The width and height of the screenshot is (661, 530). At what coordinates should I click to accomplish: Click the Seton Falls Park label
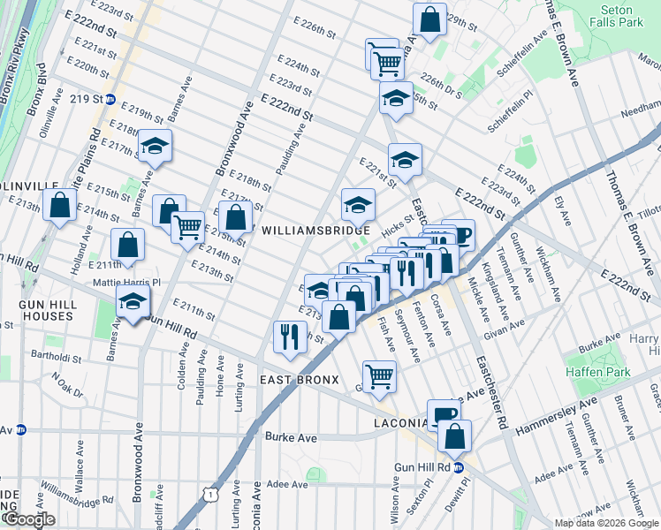[616, 16]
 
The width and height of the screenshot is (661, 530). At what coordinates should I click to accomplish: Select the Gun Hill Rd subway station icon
[459, 468]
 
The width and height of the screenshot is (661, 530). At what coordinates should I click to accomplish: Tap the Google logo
[28, 519]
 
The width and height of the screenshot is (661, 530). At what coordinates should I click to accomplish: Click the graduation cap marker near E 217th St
[156, 147]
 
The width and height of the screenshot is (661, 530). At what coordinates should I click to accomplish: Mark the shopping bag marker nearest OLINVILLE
[60, 206]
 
